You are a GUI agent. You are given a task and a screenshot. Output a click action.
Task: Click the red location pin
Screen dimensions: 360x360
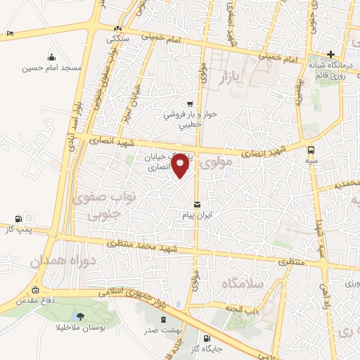click(x=181, y=165)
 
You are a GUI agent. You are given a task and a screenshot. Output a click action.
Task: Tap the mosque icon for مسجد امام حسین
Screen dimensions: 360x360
click(x=51, y=57)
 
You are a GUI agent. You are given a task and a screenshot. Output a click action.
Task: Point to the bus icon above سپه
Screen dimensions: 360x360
click(x=311, y=149)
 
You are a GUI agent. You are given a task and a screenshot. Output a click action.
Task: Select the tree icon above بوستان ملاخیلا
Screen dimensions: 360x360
click(x=78, y=316)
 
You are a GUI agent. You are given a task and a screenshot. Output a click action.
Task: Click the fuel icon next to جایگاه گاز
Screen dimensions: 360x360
click(x=205, y=337)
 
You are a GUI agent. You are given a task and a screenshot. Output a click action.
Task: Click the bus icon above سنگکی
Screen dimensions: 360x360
click(x=118, y=28)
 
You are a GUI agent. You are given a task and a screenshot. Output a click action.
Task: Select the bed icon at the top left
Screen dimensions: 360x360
click(x=9, y=33)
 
